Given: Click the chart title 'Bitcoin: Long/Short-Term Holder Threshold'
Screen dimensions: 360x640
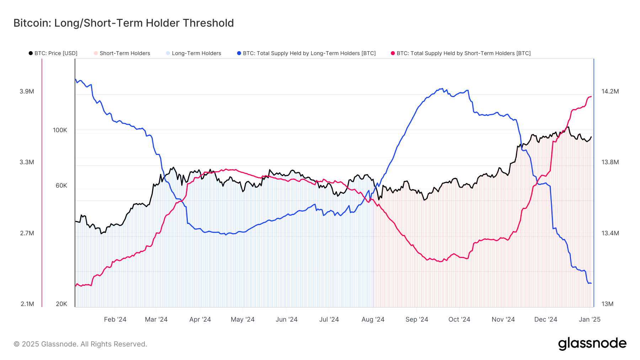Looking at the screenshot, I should point(123,23).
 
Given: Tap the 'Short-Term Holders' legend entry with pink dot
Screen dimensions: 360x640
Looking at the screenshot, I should point(124,53).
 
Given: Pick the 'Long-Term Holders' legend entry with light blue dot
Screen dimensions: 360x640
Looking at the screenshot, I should point(196,53).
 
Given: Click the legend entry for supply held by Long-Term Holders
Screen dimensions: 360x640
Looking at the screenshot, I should point(309,53).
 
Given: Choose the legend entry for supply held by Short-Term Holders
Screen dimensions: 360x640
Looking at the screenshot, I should point(463,53).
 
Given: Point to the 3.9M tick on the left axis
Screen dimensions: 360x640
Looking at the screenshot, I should point(27,91).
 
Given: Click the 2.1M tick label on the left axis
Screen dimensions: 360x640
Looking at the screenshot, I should point(27,304).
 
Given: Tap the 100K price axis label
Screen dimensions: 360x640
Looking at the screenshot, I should point(60,130).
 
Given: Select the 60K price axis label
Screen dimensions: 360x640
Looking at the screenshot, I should point(61,186).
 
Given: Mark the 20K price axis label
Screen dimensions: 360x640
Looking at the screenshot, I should point(62,304).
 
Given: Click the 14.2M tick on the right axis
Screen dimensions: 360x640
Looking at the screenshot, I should point(610,91).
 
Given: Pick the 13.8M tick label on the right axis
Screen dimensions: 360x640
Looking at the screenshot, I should point(610,162).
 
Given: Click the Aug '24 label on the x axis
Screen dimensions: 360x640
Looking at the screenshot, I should point(373,319).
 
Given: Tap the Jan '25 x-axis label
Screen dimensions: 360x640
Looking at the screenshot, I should point(590,319).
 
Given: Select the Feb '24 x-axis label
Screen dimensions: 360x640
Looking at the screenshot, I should point(115,319).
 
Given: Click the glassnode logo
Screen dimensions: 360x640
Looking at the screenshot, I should point(592,344).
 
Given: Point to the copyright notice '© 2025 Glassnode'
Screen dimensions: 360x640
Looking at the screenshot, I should point(80,344).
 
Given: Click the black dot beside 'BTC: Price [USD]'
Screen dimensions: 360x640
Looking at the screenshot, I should point(31,53).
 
